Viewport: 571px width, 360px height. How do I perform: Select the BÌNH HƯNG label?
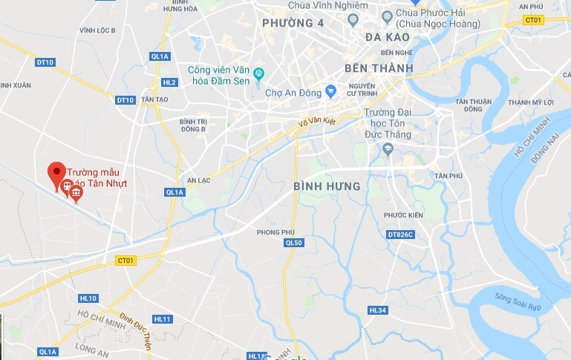(327, 186)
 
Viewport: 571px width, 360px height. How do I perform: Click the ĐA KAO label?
(388, 36)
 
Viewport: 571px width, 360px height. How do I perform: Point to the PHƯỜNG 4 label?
(293, 23)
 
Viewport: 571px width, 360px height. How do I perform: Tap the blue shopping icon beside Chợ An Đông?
(331, 92)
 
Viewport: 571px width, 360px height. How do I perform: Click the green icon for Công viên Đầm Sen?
(258, 73)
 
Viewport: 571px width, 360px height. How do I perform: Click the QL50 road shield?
(294, 243)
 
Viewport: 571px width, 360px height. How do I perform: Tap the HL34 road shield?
(377, 310)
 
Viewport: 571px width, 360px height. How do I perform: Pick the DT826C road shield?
(399, 235)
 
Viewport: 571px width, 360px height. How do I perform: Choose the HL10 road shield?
(88, 298)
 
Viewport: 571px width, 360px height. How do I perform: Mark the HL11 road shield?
(162, 318)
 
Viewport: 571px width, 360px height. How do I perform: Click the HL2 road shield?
(169, 82)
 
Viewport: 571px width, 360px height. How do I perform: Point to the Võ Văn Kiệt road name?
(318, 125)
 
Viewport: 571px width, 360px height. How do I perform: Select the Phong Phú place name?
(271, 232)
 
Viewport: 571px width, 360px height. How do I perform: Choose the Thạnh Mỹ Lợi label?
(531, 102)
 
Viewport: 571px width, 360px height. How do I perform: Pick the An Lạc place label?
(200, 180)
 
